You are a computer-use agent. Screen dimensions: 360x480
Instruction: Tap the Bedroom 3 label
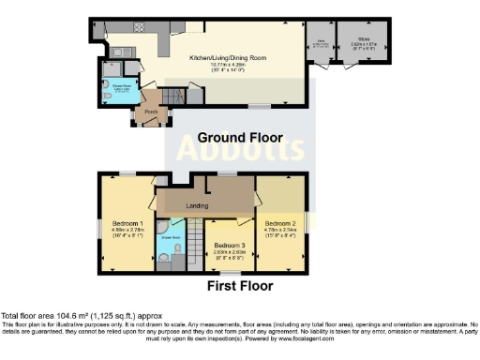230,244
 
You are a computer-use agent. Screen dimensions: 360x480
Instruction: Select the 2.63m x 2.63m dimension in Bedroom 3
230,250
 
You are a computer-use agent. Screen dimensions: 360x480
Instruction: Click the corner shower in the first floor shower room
162,229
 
